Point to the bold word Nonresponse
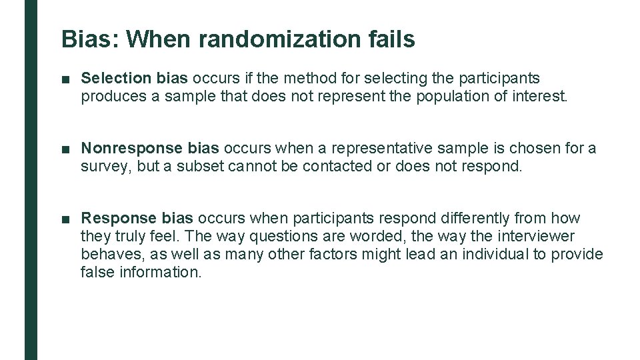tap(132, 148)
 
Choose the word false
tap(97, 272)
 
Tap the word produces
tap(113, 96)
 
